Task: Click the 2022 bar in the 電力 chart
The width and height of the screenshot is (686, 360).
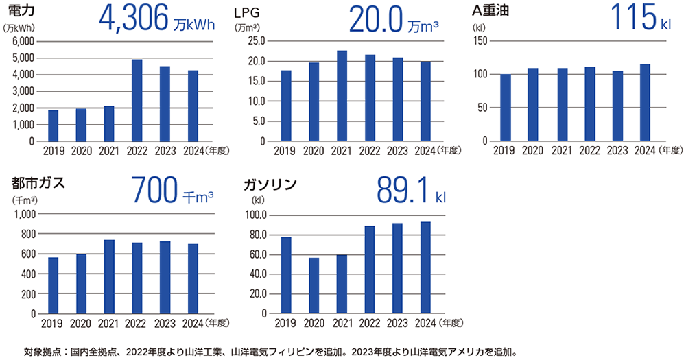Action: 137,100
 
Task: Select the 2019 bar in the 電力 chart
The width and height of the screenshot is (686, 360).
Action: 53,125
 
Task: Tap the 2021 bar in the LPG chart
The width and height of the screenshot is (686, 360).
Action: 342,96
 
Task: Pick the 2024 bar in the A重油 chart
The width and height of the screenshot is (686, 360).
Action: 644,103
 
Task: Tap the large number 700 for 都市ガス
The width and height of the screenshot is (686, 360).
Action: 154,191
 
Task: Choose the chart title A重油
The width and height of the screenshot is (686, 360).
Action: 495,12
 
